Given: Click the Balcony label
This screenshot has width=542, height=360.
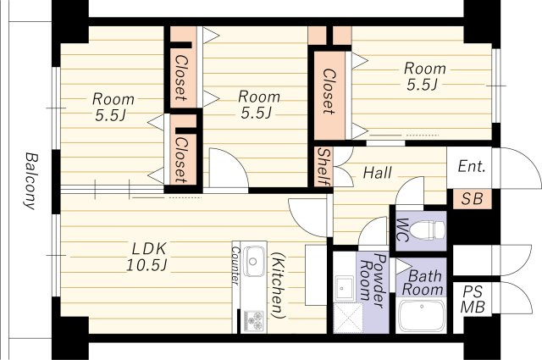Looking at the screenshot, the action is (x=31, y=181).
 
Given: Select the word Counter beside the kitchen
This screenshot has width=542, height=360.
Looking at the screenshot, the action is (x=235, y=266).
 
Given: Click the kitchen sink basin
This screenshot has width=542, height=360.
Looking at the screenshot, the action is (x=253, y=262).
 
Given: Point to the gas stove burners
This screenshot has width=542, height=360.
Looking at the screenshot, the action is (x=254, y=320).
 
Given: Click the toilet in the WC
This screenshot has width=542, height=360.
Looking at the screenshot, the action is (x=427, y=230).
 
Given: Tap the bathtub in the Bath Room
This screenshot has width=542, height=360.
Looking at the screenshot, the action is (x=422, y=316).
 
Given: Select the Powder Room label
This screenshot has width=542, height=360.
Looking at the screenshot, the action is (x=373, y=280).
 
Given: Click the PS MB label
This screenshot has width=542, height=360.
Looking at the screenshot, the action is (x=473, y=300).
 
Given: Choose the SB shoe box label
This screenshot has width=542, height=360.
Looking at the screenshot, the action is (x=472, y=199).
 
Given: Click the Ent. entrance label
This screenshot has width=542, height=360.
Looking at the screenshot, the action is (x=472, y=167).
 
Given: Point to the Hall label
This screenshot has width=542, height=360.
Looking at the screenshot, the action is (x=378, y=172).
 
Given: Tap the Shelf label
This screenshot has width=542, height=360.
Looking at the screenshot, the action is (x=324, y=167).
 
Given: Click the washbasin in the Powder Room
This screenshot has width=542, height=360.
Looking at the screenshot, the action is (x=343, y=288).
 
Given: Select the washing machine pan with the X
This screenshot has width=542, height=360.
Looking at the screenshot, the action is (x=348, y=318).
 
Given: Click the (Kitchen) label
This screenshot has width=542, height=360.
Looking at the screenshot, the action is (x=279, y=285).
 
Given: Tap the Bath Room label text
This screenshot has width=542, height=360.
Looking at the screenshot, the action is (x=423, y=283).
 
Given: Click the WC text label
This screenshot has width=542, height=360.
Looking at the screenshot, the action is (x=401, y=230).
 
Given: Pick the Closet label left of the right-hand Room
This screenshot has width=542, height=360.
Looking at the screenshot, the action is (x=329, y=91).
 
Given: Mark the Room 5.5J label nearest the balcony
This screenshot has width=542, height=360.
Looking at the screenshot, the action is (x=113, y=107).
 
